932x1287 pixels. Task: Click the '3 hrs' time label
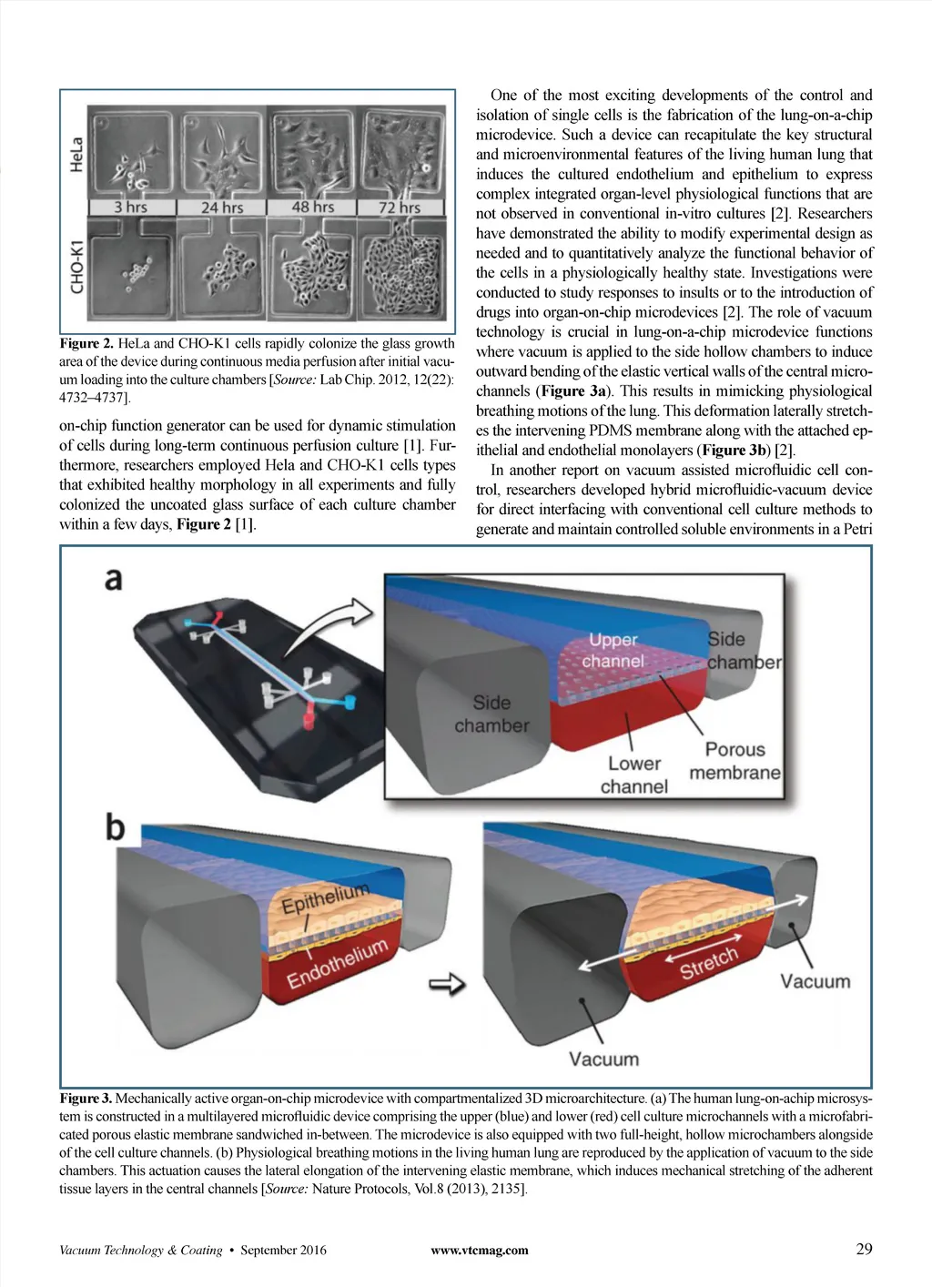coord(130,208)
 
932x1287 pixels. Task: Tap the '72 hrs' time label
coord(400,208)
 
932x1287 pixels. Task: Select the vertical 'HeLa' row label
coord(76,154)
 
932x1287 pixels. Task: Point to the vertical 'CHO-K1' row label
coord(76,266)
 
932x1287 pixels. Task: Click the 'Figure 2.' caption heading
coord(86,344)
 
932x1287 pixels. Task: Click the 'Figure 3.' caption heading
coord(86,1099)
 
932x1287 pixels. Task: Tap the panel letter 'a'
coord(114,579)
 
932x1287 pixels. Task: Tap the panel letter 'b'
coord(115,826)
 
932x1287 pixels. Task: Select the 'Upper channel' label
coord(613,650)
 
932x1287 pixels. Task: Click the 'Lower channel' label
coord(634,775)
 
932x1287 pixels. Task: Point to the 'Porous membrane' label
coord(734,761)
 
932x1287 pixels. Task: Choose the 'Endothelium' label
coord(338,964)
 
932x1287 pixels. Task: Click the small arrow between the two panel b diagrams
coord(447,983)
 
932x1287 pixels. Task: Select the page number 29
coord(864,1249)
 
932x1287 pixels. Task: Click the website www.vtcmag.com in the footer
coord(479,1250)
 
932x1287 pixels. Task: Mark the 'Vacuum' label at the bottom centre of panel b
coord(603,1059)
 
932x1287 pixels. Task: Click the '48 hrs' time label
coord(312,207)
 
